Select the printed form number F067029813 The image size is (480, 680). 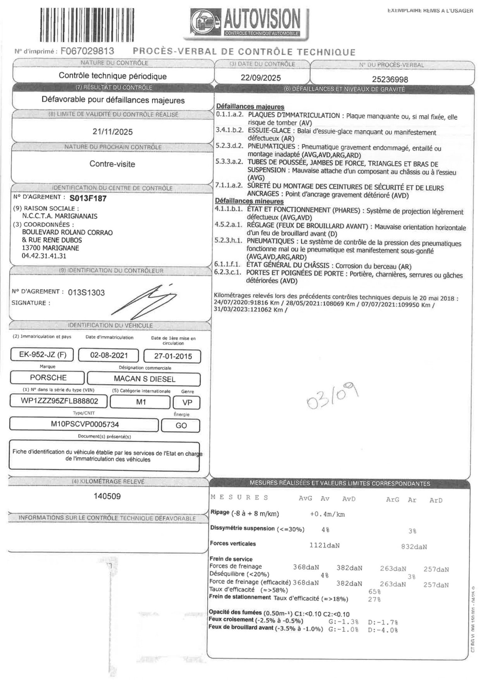[x=87, y=51]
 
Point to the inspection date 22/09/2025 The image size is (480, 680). [x=261, y=78]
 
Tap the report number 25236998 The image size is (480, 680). [x=390, y=79]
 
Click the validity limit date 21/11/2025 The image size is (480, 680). [x=113, y=132]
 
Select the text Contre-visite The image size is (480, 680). [x=112, y=164]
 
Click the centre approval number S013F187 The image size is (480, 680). [x=88, y=198]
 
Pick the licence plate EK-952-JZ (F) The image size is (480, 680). [x=42, y=354]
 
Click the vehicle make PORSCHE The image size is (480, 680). [x=48, y=377]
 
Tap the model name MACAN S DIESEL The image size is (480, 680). [x=144, y=379]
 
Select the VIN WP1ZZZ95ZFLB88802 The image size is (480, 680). [x=59, y=401]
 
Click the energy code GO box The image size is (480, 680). [x=181, y=426]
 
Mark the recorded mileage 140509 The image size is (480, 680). [x=107, y=496]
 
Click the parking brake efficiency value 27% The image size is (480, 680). [x=374, y=599]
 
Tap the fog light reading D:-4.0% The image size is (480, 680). [x=383, y=630]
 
